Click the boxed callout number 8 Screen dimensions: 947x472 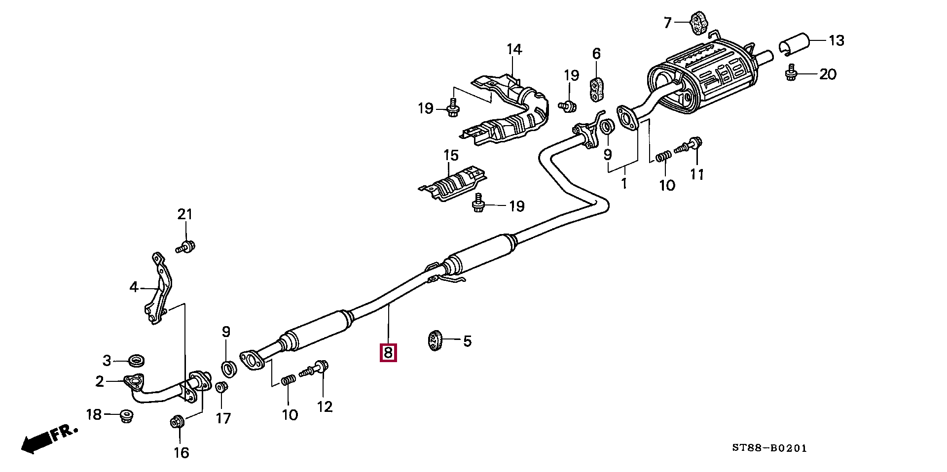pos(388,353)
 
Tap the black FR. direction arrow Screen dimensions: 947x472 pos(36,442)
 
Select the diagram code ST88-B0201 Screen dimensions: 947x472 pos(769,448)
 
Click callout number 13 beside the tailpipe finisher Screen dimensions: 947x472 pos(836,40)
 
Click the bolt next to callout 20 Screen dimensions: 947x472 pos(791,73)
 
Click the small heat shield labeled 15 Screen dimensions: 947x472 pos(452,183)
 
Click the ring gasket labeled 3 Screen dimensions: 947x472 pos(136,360)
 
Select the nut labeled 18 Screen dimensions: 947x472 pos(127,416)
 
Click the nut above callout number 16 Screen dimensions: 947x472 pos(178,422)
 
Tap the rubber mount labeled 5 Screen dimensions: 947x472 pos(434,340)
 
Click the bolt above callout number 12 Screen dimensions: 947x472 pos(315,369)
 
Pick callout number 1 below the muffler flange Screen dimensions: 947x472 pos(624,183)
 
